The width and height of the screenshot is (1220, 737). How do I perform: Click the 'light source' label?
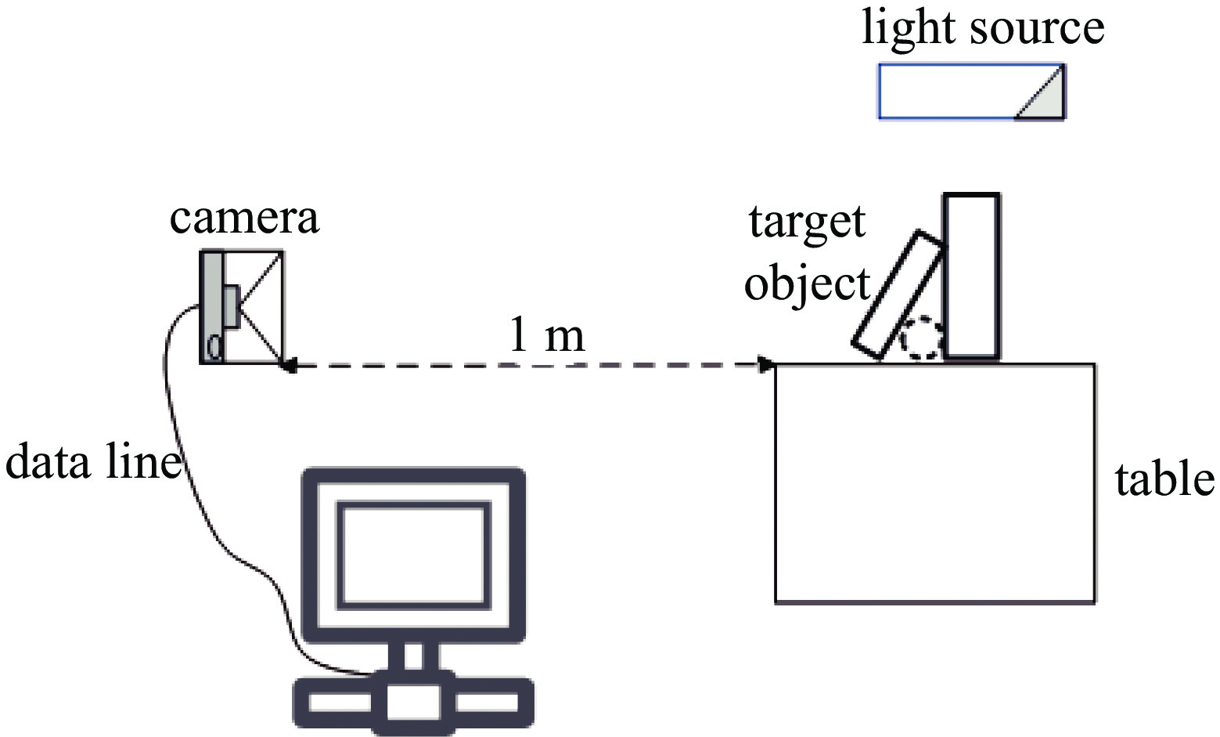982,27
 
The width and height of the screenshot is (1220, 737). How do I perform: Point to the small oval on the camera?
213,346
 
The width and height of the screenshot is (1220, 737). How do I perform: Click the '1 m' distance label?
546,335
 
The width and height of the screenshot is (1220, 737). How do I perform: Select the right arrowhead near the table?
768,364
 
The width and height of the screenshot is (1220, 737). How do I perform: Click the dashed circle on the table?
921,338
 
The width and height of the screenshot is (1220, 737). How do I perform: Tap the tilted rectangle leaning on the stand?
898,295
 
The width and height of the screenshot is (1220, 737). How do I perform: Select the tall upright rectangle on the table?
971,276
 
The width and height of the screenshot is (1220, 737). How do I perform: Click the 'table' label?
1164,479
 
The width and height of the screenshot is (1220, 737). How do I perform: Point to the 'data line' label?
92,462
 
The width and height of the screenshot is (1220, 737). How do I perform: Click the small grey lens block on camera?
231,306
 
